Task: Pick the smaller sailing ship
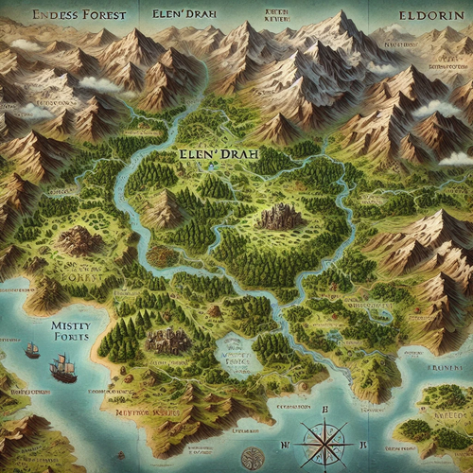(x=32, y=349)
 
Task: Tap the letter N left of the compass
(x=284, y=443)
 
